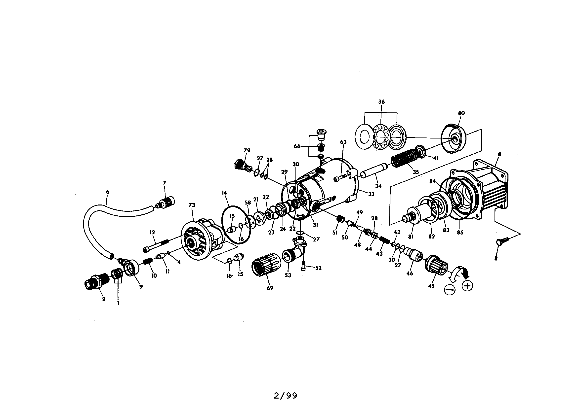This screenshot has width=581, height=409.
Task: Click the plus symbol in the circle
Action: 468,286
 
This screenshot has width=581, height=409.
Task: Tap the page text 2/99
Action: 286,396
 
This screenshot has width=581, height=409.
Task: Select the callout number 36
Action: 381,102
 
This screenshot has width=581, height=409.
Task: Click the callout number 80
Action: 461,113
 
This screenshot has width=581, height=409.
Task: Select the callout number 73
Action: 192,205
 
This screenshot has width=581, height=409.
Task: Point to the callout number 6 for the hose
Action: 108,192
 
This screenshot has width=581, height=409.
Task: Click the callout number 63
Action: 343,142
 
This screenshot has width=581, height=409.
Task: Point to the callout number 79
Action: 247,150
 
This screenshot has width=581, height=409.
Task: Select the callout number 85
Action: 460,232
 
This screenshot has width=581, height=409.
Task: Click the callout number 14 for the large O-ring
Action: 224,193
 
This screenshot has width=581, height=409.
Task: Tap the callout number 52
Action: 318,268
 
